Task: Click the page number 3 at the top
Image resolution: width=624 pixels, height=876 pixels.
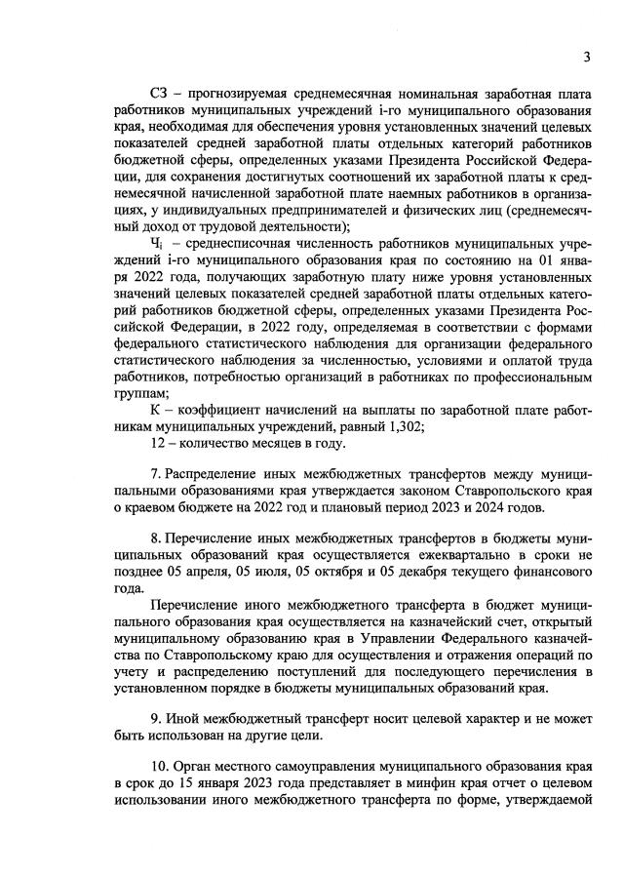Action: (x=587, y=57)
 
